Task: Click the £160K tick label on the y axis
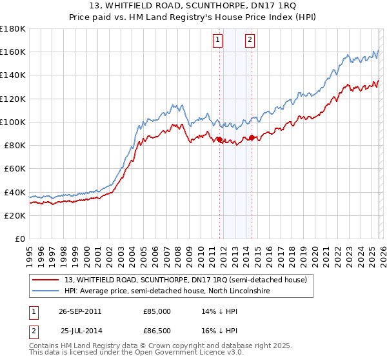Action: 13,52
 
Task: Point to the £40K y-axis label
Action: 15,192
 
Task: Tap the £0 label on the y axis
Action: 20,239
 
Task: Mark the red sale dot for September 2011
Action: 219,139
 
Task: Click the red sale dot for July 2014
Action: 252,137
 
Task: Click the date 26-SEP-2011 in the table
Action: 80,311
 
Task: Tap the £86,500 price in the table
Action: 157,331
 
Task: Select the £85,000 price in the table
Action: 157,311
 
